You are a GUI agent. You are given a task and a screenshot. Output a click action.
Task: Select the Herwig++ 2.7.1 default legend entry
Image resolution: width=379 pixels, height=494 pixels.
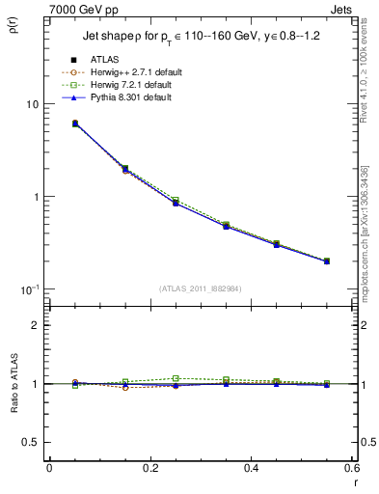(122, 72)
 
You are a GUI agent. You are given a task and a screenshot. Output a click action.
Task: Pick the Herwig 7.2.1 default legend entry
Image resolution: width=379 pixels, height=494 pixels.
(121, 85)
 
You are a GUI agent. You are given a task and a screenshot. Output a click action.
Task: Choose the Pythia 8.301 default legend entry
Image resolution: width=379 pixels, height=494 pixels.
(119, 97)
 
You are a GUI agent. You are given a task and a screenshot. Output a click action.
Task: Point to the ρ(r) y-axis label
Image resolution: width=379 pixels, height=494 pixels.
(14, 24)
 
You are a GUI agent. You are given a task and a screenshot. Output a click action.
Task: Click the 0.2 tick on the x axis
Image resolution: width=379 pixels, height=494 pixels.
(149, 468)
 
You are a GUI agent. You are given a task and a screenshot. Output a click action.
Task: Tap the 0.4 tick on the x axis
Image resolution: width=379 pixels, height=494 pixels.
(251, 468)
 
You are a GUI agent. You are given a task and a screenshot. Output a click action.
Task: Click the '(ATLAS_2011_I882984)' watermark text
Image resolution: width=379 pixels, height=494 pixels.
(200, 288)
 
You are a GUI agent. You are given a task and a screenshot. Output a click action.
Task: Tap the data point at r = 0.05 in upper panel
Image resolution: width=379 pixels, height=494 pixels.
(49, 123)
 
